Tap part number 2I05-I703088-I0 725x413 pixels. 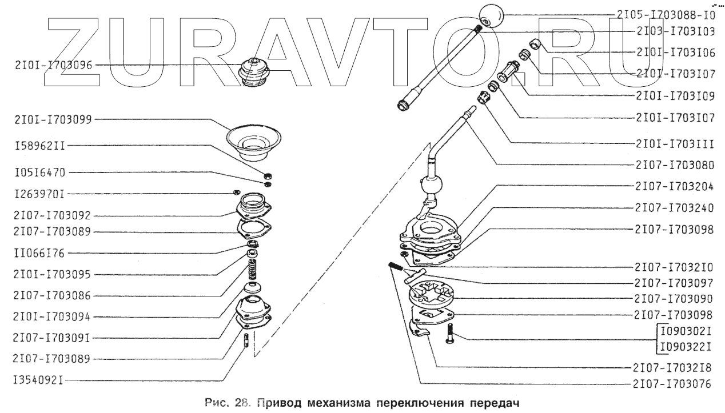666,16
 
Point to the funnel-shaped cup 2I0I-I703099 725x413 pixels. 255,140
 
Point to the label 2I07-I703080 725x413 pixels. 674,166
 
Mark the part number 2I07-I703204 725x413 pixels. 674,186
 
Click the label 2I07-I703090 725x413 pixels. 674,298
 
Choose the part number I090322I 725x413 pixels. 685,346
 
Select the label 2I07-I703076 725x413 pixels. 674,383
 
